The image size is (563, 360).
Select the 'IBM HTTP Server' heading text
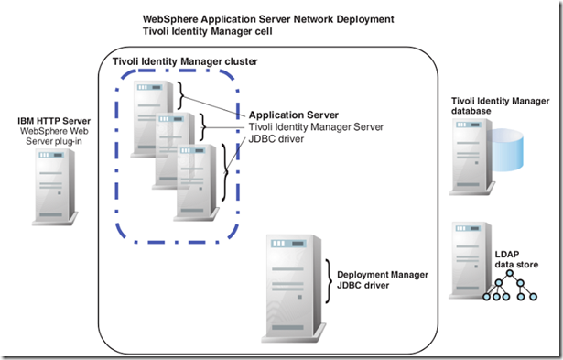[52, 121]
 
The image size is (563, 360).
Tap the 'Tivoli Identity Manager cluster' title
[184, 61]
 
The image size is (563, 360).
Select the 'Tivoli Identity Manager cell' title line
[211, 33]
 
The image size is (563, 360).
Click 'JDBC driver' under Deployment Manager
[363, 286]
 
